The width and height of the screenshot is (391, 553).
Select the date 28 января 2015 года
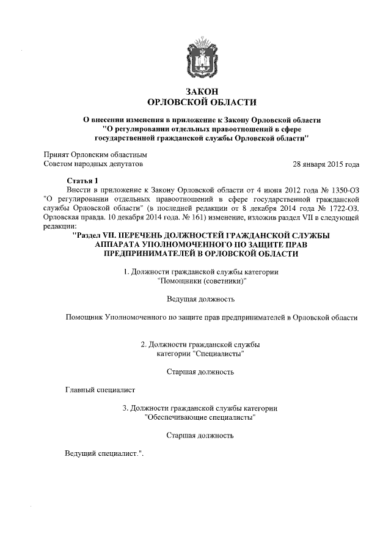click(326, 164)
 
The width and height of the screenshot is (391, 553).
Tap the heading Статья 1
click(81, 180)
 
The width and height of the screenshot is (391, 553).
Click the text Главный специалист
click(100, 390)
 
